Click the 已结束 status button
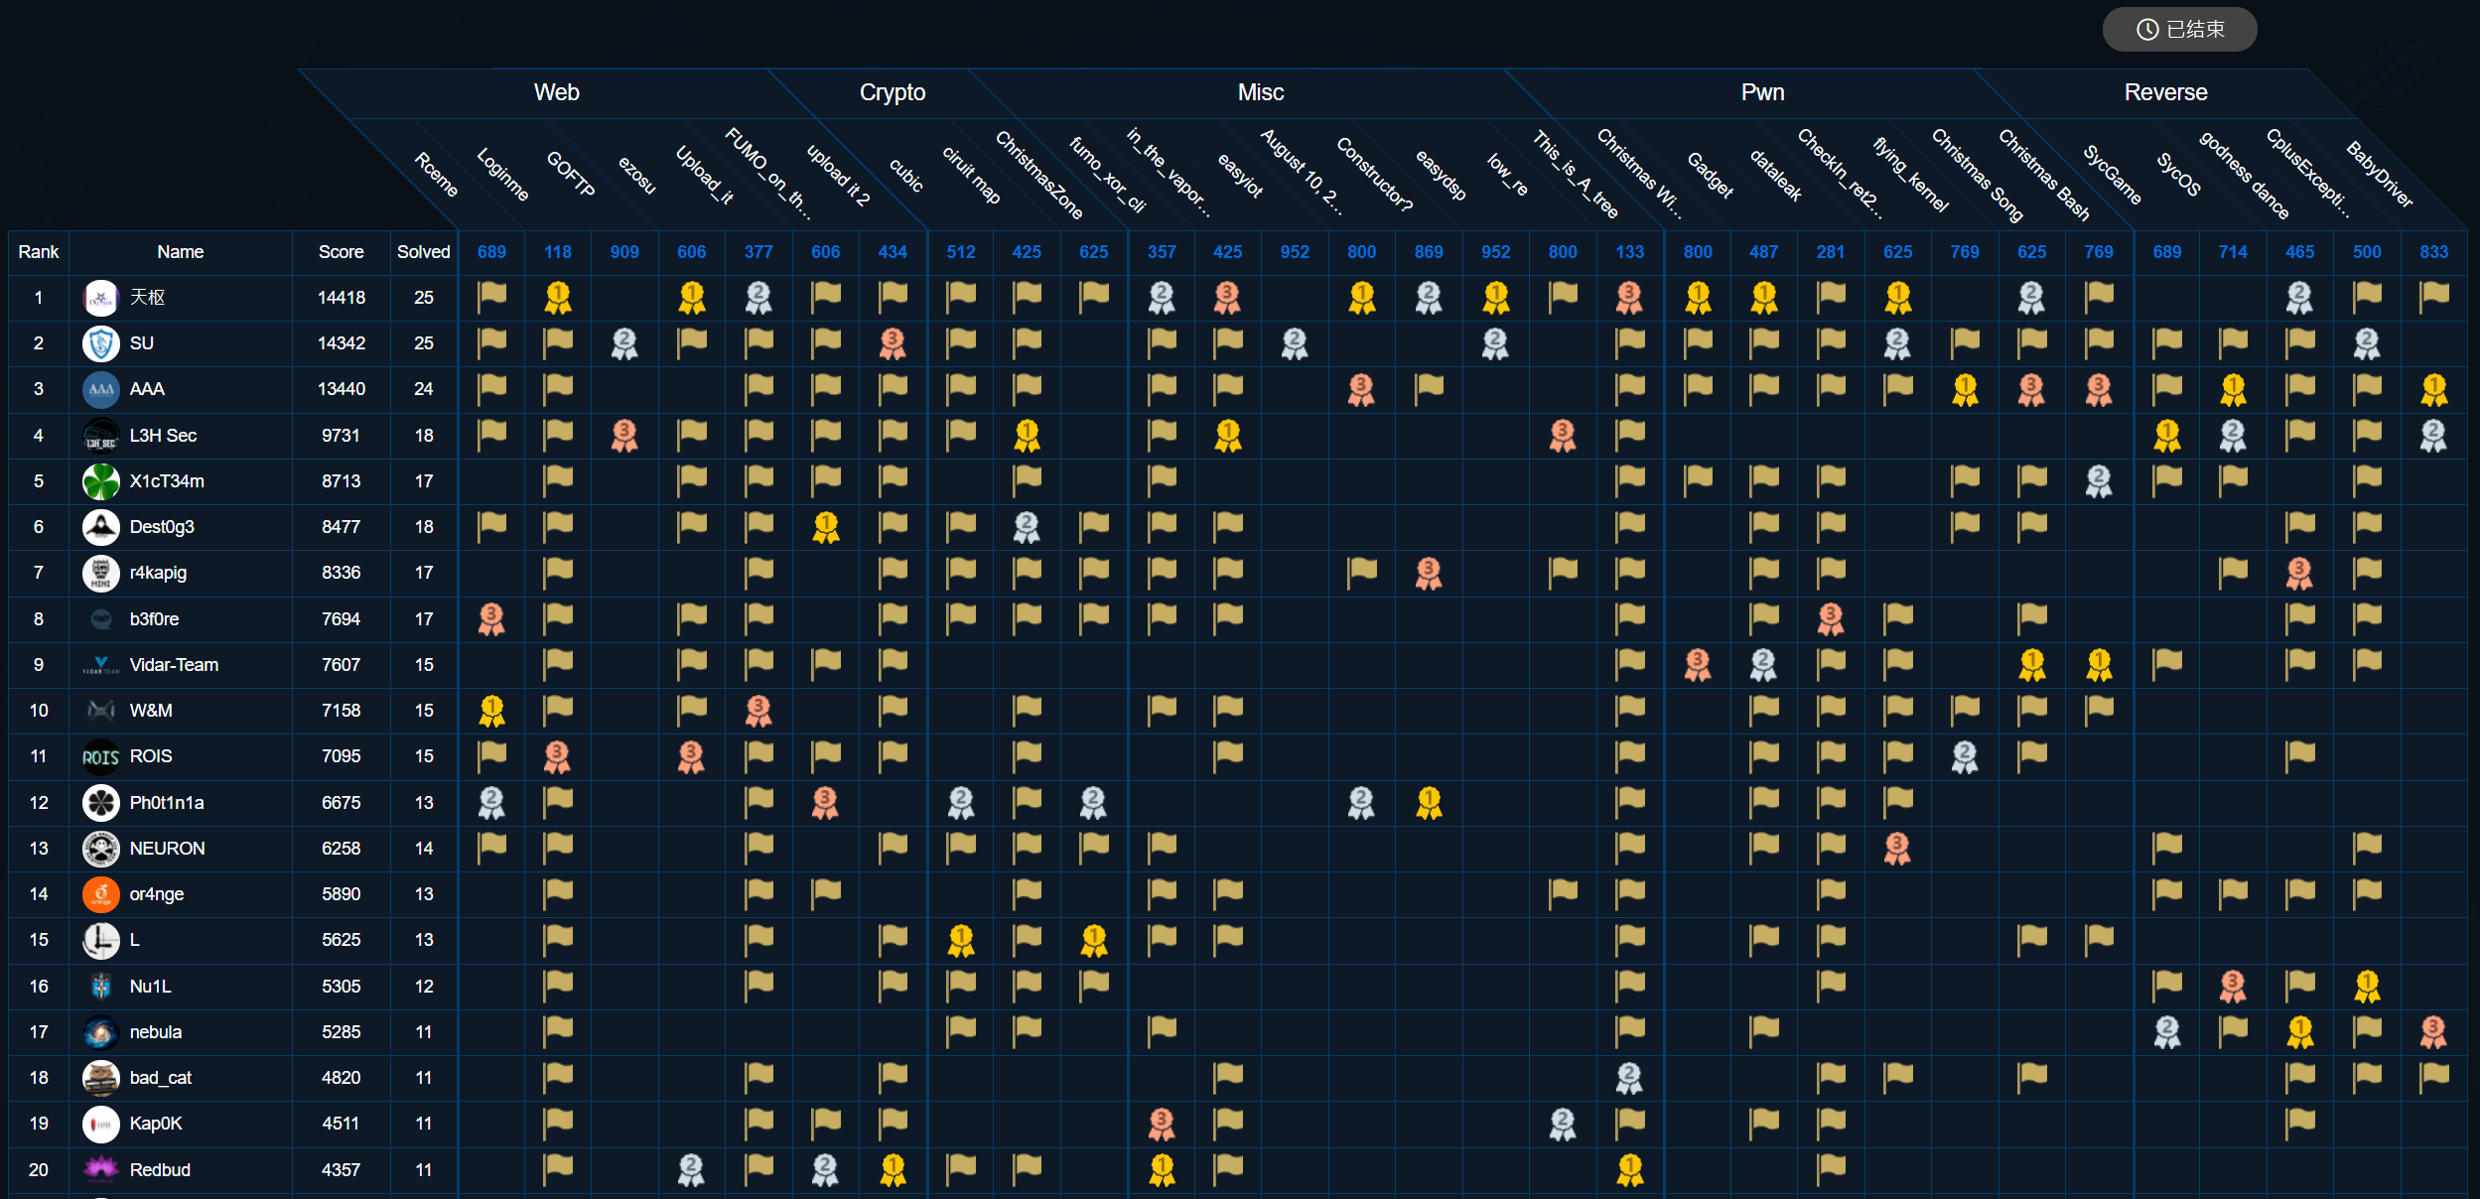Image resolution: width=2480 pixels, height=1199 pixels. [2179, 30]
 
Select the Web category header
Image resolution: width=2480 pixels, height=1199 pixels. [556, 92]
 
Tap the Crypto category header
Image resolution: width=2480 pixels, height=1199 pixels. [892, 92]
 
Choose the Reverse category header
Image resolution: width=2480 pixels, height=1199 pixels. [2165, 92]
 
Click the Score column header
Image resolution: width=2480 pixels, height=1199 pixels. [341, 252]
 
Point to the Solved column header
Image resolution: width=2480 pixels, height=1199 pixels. [423, 252]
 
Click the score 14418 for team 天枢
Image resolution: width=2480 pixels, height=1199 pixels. [341, 298]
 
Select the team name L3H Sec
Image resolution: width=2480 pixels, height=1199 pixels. [163, 436]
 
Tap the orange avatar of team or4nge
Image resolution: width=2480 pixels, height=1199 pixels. [100, 894]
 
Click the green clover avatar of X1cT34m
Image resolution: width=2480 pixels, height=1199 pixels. [100, 481]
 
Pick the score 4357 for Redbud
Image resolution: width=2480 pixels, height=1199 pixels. [341, 1170]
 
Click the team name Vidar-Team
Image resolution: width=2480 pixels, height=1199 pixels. [174, 665]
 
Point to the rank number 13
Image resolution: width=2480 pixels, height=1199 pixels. [39, 849]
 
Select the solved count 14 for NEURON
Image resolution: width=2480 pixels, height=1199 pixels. [423, 849]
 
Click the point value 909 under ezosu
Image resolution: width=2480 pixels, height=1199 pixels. [624, 252]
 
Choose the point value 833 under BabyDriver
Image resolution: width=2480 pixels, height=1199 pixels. [2433, 252]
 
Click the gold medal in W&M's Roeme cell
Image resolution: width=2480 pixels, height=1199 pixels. [491, 711]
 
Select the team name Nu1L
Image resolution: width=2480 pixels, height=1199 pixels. [150, 987]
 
